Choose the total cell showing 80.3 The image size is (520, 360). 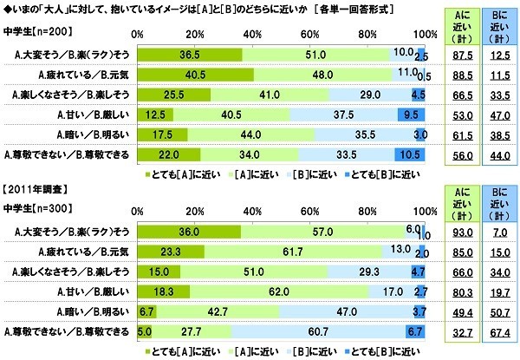pyautogui.click(x=456, y=292)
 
